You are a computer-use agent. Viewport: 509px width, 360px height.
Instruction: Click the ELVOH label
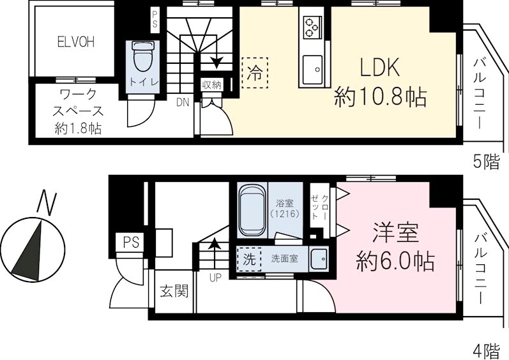(75, 43)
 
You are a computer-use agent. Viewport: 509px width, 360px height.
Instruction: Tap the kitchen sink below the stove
(313, 68)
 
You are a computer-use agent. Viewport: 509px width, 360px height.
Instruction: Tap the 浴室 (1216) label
(284, 209)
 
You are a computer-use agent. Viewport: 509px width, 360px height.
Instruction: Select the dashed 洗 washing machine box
(250, 260)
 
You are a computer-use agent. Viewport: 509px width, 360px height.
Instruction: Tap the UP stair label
(217, 277)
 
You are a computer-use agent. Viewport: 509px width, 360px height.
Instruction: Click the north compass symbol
(32, 245)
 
